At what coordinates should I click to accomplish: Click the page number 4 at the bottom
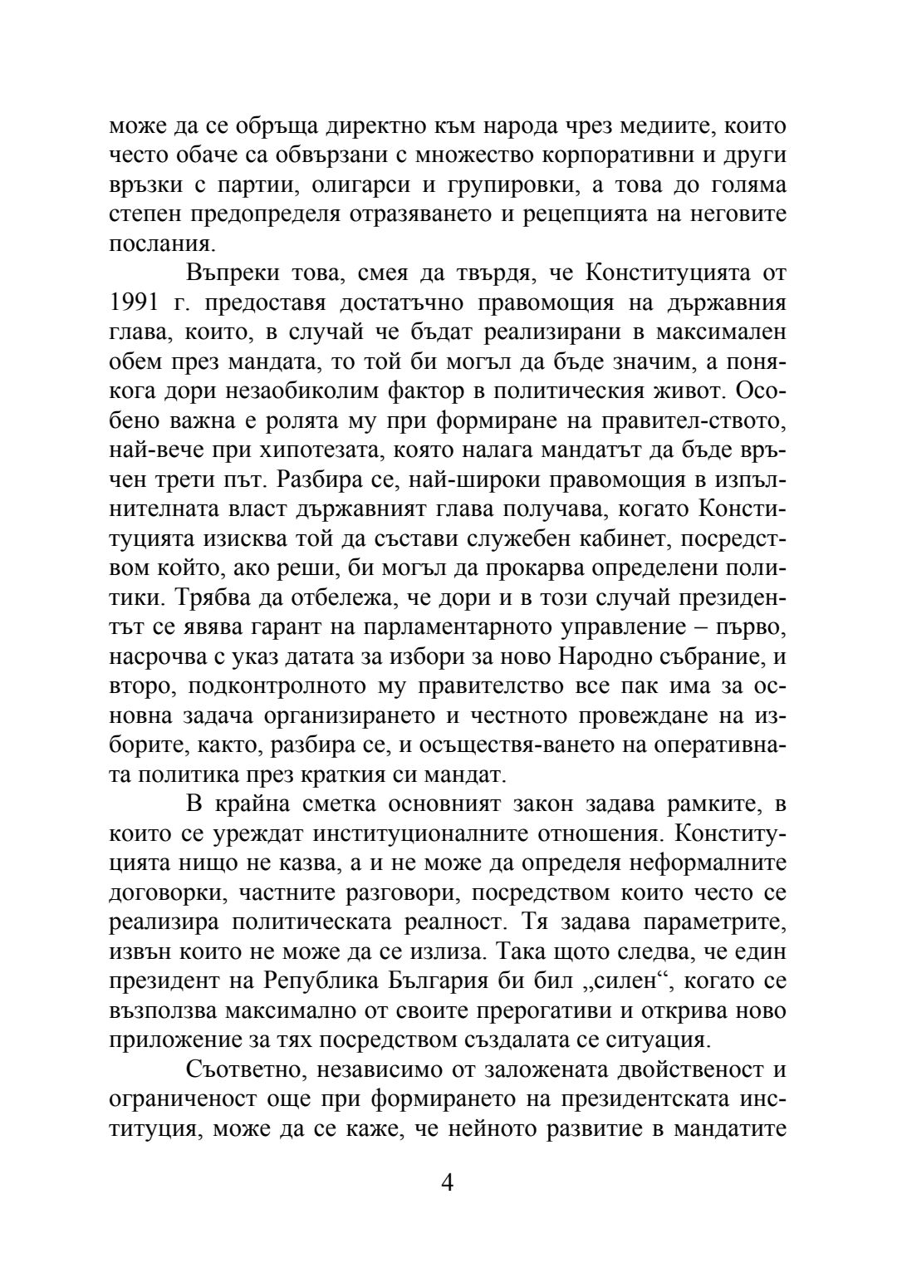pos(448,1182)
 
